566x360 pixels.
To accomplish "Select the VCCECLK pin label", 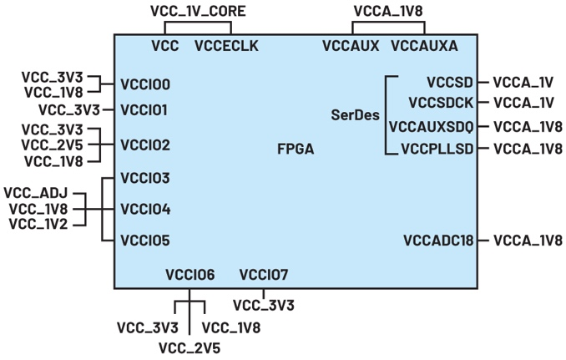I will (x=226, y=46).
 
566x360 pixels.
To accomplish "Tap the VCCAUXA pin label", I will (x=424, y=46).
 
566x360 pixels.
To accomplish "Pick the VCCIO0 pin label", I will (x=145, y=84).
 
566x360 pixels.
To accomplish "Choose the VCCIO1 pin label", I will (x=144, y=109).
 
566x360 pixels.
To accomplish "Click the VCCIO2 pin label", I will (x=145, y=145).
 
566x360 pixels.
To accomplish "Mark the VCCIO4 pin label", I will (x=145, y=208).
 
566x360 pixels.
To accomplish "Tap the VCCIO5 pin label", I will (x=145, y=241).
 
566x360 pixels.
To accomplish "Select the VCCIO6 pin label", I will (x=190, y=274).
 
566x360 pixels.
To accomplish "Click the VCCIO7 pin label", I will (x=263, y=274).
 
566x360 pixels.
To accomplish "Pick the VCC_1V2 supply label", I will (x=38, y=223).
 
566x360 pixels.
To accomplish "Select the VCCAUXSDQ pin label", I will (x=432, y=127).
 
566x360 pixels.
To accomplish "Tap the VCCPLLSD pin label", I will (x=437, y=149).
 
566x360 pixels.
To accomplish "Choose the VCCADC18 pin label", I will (x=438, y=241).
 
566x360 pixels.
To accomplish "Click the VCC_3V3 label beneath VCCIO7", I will (x=264, y=306).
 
